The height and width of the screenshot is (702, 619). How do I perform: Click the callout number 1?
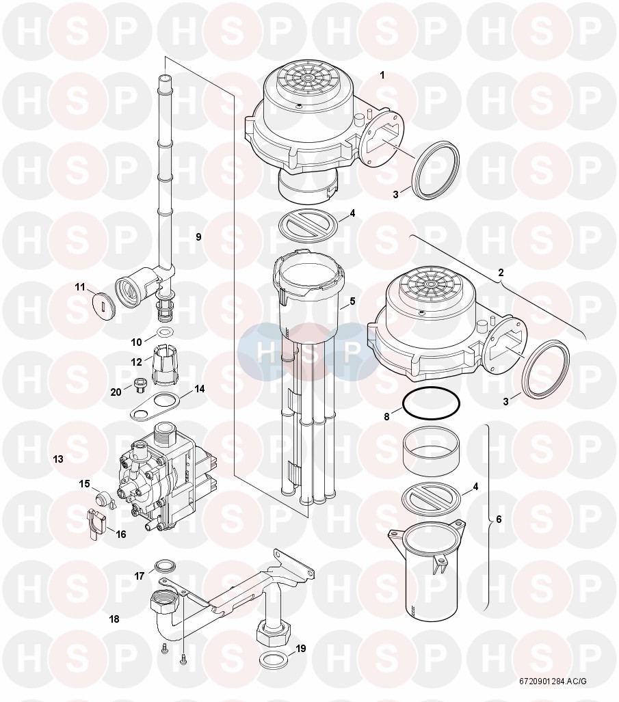click(382, 76)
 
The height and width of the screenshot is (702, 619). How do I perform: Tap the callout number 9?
click(198, 237)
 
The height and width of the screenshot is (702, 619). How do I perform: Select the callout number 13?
click(58, 459)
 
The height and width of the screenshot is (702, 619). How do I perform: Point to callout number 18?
click(114, 619)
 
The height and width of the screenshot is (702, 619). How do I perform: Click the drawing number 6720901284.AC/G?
click(553, 681)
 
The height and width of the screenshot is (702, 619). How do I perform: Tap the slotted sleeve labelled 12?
click(166, 359)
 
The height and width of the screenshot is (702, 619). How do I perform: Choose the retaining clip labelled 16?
click(96, 524)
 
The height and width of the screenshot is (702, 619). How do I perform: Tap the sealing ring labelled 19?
click(271, 659)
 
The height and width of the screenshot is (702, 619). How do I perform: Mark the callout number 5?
click(352, 301)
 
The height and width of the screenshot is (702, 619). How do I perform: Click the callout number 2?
click(501, 272)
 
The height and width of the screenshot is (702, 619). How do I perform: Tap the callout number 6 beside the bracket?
click(499, 519)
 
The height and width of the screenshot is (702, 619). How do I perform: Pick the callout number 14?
click(199, 389)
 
